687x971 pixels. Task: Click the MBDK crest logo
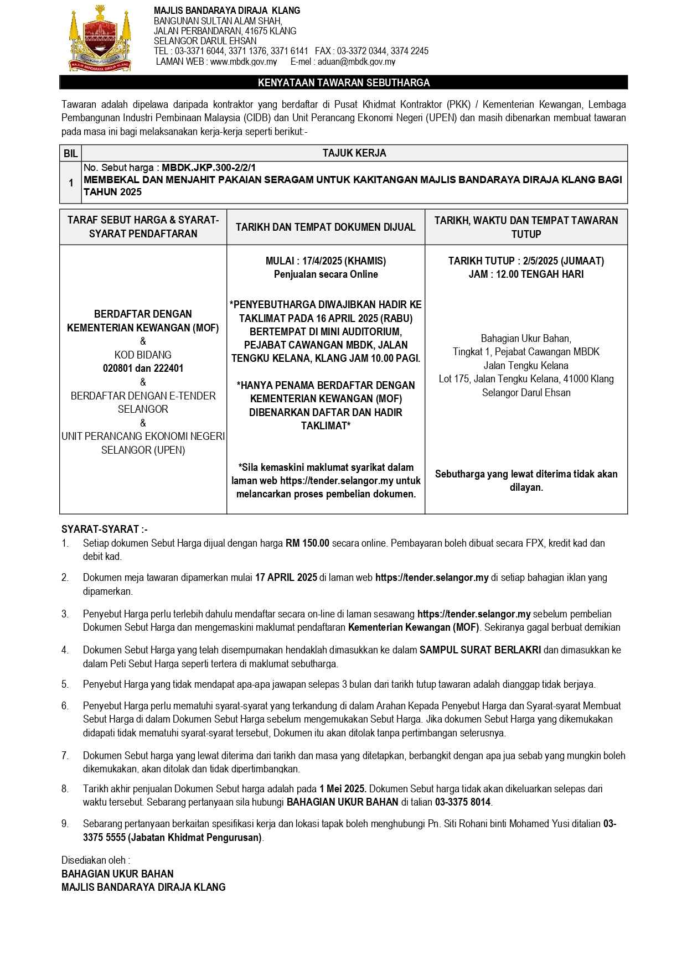101,39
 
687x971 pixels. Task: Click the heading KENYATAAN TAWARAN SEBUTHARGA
343,82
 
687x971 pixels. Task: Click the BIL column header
71,153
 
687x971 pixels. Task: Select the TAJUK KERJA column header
354,153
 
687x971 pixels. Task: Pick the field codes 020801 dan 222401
143,368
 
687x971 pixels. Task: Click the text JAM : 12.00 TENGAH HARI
526,274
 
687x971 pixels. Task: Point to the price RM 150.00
307,543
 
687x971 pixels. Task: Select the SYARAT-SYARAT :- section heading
105,529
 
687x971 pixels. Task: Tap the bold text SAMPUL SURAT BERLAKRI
480,650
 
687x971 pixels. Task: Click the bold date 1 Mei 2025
343,788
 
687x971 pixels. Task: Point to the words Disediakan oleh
96,860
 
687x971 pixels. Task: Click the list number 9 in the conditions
65,824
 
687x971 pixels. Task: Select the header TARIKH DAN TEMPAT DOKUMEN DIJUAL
326,227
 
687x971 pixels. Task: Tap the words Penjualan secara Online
326,274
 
